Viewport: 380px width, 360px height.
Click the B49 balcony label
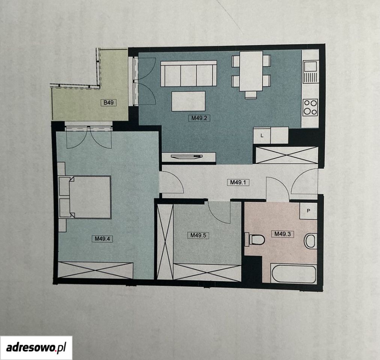pyautogui.click(x=109, y=103)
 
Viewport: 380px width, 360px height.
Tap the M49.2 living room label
pyautogui.click(x=199, y=118)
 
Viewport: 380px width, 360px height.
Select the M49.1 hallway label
pyautogui.click(x=238, y=182)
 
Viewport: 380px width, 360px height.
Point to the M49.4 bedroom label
pyautogui.click(x=102, y=239)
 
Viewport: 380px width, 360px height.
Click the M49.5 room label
pyautogui.click(x=198, y=235)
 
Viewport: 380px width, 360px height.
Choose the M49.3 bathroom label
pyautogui.click(x=283, y=234)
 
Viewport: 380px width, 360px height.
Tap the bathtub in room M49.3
pyautogui.click(x=294, y=274)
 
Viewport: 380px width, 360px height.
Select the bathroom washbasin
pyautogui.click(x=311, y=241)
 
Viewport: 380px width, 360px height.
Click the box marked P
pyautogui.click(x=309, y=211)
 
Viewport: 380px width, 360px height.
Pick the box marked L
pyautogui.click(x=262, y=136)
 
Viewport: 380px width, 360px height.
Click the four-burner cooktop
pyautogui.click(x=310, y=108)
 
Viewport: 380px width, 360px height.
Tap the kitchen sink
pyautogui.click(x=310, y=71)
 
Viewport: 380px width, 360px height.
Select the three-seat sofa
pyautogui.click(x=188, y=73)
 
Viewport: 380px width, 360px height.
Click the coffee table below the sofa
pyautogui.click(x=188, y=101)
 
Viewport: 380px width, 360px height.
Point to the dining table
pyautogui.click(x=251, y=71)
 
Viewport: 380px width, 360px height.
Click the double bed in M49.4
pyautogui.click(x=85, y=197)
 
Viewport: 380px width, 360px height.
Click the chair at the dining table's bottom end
pyautogui.click(x=251, y=94)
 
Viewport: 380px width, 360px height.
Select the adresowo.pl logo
pyautogui.click(x=36, y=348)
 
